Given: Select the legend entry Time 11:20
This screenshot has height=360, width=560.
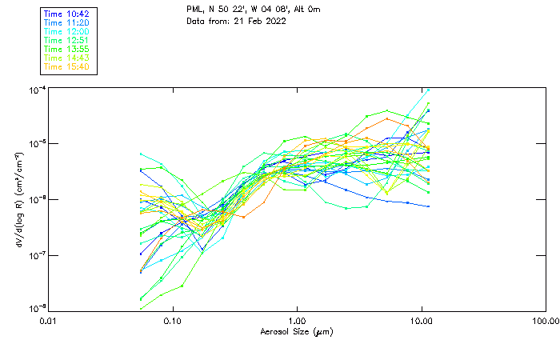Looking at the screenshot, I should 66,23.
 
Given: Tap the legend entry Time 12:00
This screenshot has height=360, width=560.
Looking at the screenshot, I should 66,32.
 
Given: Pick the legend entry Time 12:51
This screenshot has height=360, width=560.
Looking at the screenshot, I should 66,40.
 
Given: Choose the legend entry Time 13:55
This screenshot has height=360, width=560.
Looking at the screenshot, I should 66,49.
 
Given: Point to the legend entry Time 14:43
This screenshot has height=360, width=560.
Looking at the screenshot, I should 66,58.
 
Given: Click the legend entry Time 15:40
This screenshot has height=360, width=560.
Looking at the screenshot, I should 66,66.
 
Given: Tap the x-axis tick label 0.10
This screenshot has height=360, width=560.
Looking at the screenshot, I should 173,321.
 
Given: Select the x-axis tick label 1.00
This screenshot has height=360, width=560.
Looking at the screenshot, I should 298,321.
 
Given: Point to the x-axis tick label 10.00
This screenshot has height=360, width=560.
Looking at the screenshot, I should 422,321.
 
